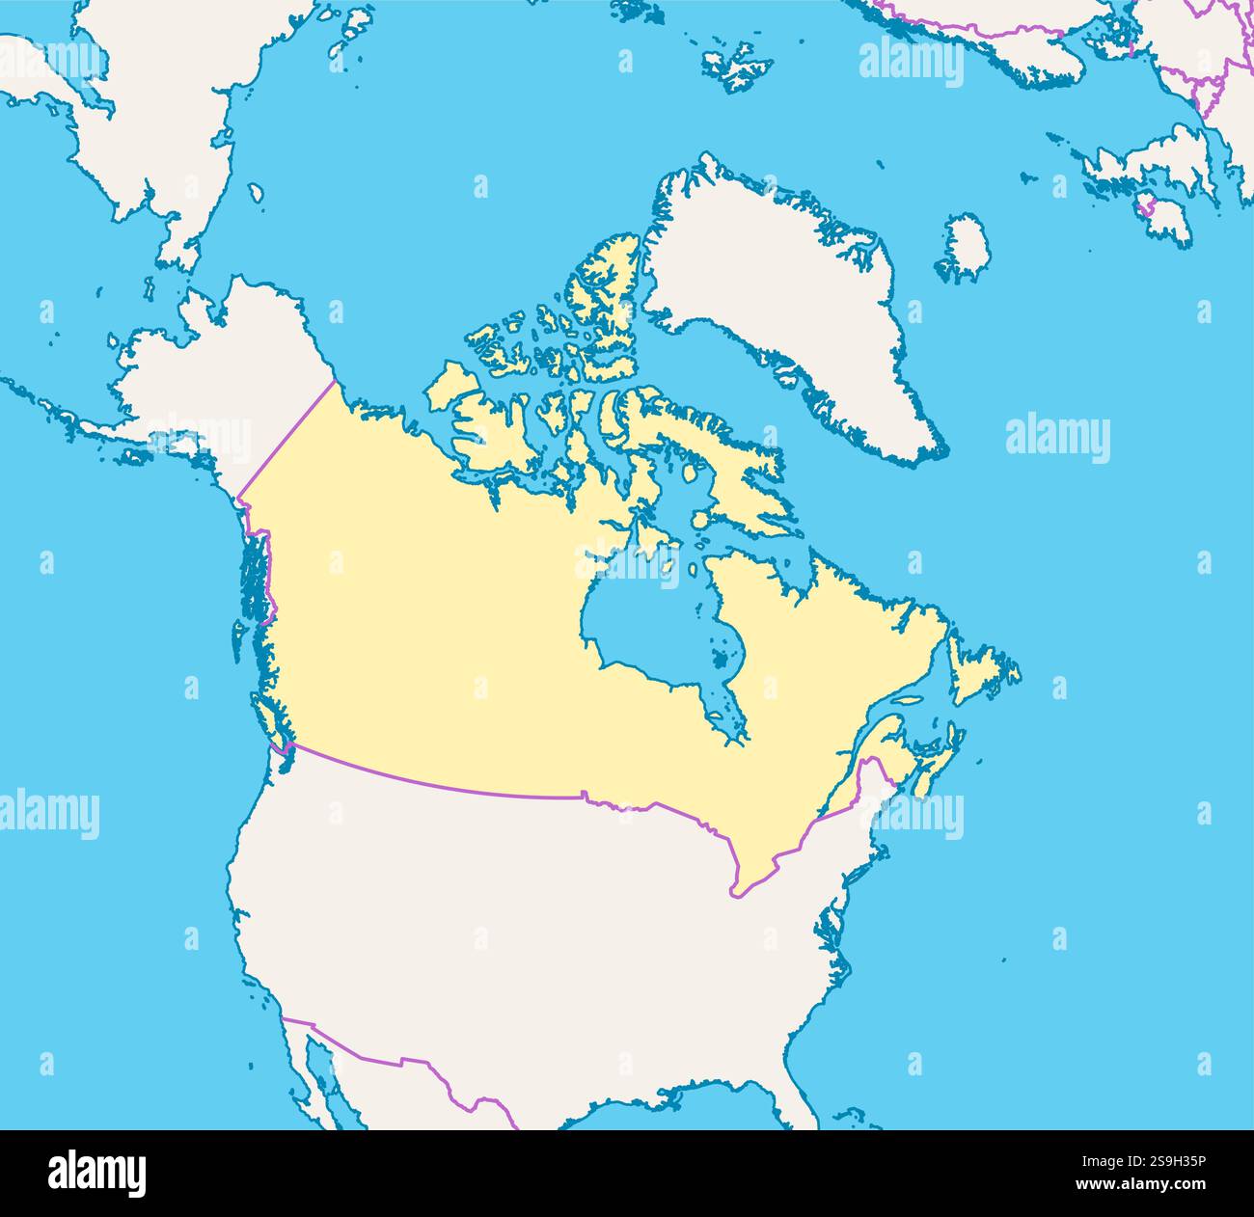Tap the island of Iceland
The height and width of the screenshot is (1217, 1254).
(966, 247)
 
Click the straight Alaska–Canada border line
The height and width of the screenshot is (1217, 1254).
(289, 434)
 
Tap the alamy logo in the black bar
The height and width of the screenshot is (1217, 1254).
(97, 1173)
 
